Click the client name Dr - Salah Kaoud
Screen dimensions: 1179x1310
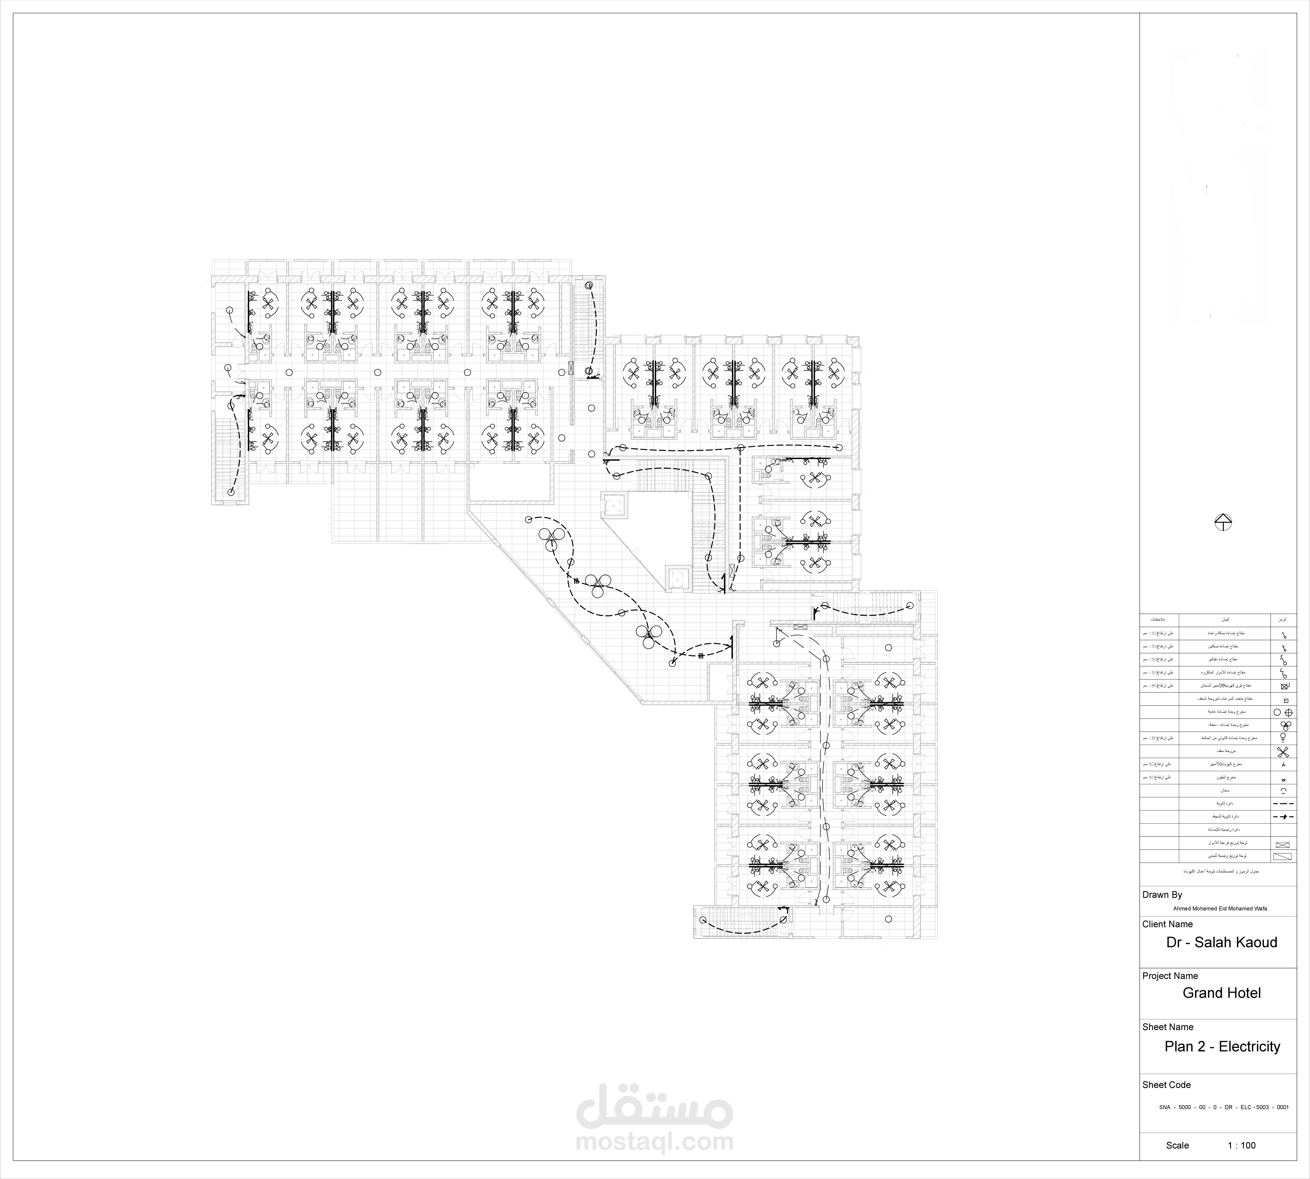(1221, 943)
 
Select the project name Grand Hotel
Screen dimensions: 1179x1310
(1221, 993)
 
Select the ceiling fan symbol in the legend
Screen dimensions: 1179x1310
(1283, 752)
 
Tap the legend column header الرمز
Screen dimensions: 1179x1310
(1283, 620)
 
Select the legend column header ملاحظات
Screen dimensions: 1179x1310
(1160, 620)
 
